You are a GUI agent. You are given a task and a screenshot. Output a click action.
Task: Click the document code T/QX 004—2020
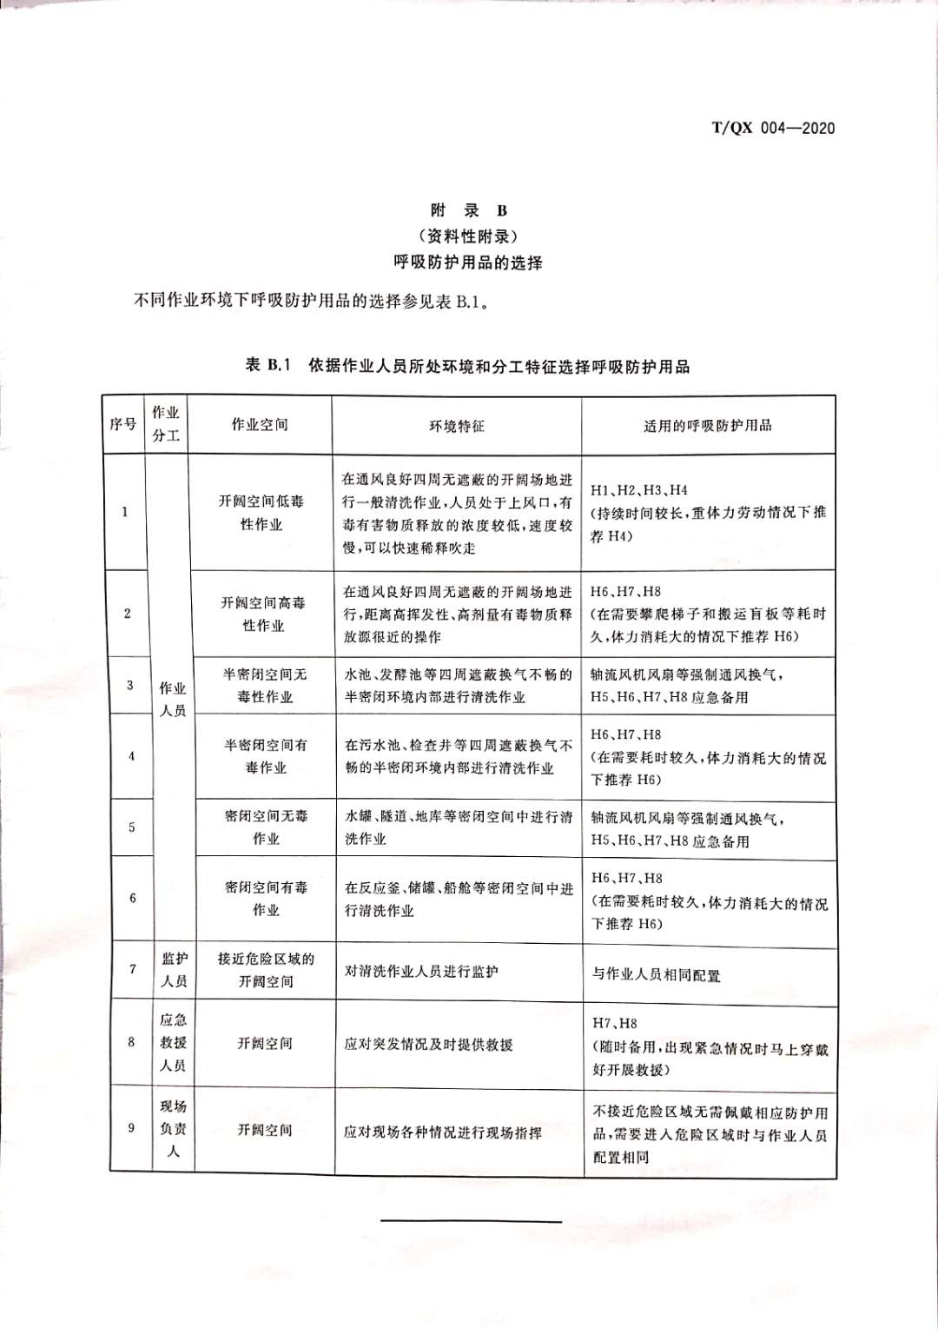(773, 129)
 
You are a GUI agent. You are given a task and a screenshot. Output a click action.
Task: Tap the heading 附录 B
(468, 210)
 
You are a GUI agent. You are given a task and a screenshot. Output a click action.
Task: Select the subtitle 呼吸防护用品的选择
(468, 262)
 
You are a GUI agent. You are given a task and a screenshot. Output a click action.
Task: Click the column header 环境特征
(457, 426)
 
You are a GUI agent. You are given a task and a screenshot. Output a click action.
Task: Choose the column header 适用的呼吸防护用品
(708, 426)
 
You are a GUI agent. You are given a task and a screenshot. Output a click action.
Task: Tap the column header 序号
(123, 425)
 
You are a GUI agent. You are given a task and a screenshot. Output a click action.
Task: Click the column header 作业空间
(260, 425)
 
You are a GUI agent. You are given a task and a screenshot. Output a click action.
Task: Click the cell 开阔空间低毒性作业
(261, 513)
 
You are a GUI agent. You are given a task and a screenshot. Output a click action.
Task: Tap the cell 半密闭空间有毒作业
(266, 756)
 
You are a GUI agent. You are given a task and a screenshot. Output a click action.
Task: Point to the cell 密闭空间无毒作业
(266, 827)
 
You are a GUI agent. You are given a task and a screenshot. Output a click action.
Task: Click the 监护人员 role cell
(174, 970)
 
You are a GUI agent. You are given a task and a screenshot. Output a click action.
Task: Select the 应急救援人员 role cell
(173, 1042)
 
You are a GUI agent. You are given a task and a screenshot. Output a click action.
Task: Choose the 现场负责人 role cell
(173, 1129)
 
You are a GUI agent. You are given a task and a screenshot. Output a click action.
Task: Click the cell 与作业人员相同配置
(657, 975)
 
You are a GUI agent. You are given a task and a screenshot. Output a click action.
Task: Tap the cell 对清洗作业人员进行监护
(421, 972)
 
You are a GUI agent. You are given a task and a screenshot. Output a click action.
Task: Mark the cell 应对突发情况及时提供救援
(428, 1044)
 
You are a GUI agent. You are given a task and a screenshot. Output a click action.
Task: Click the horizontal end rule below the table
(472, 1221)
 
